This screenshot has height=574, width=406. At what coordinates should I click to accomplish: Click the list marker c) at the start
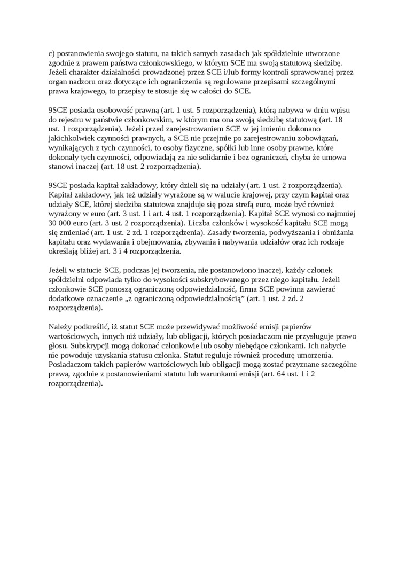52,53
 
